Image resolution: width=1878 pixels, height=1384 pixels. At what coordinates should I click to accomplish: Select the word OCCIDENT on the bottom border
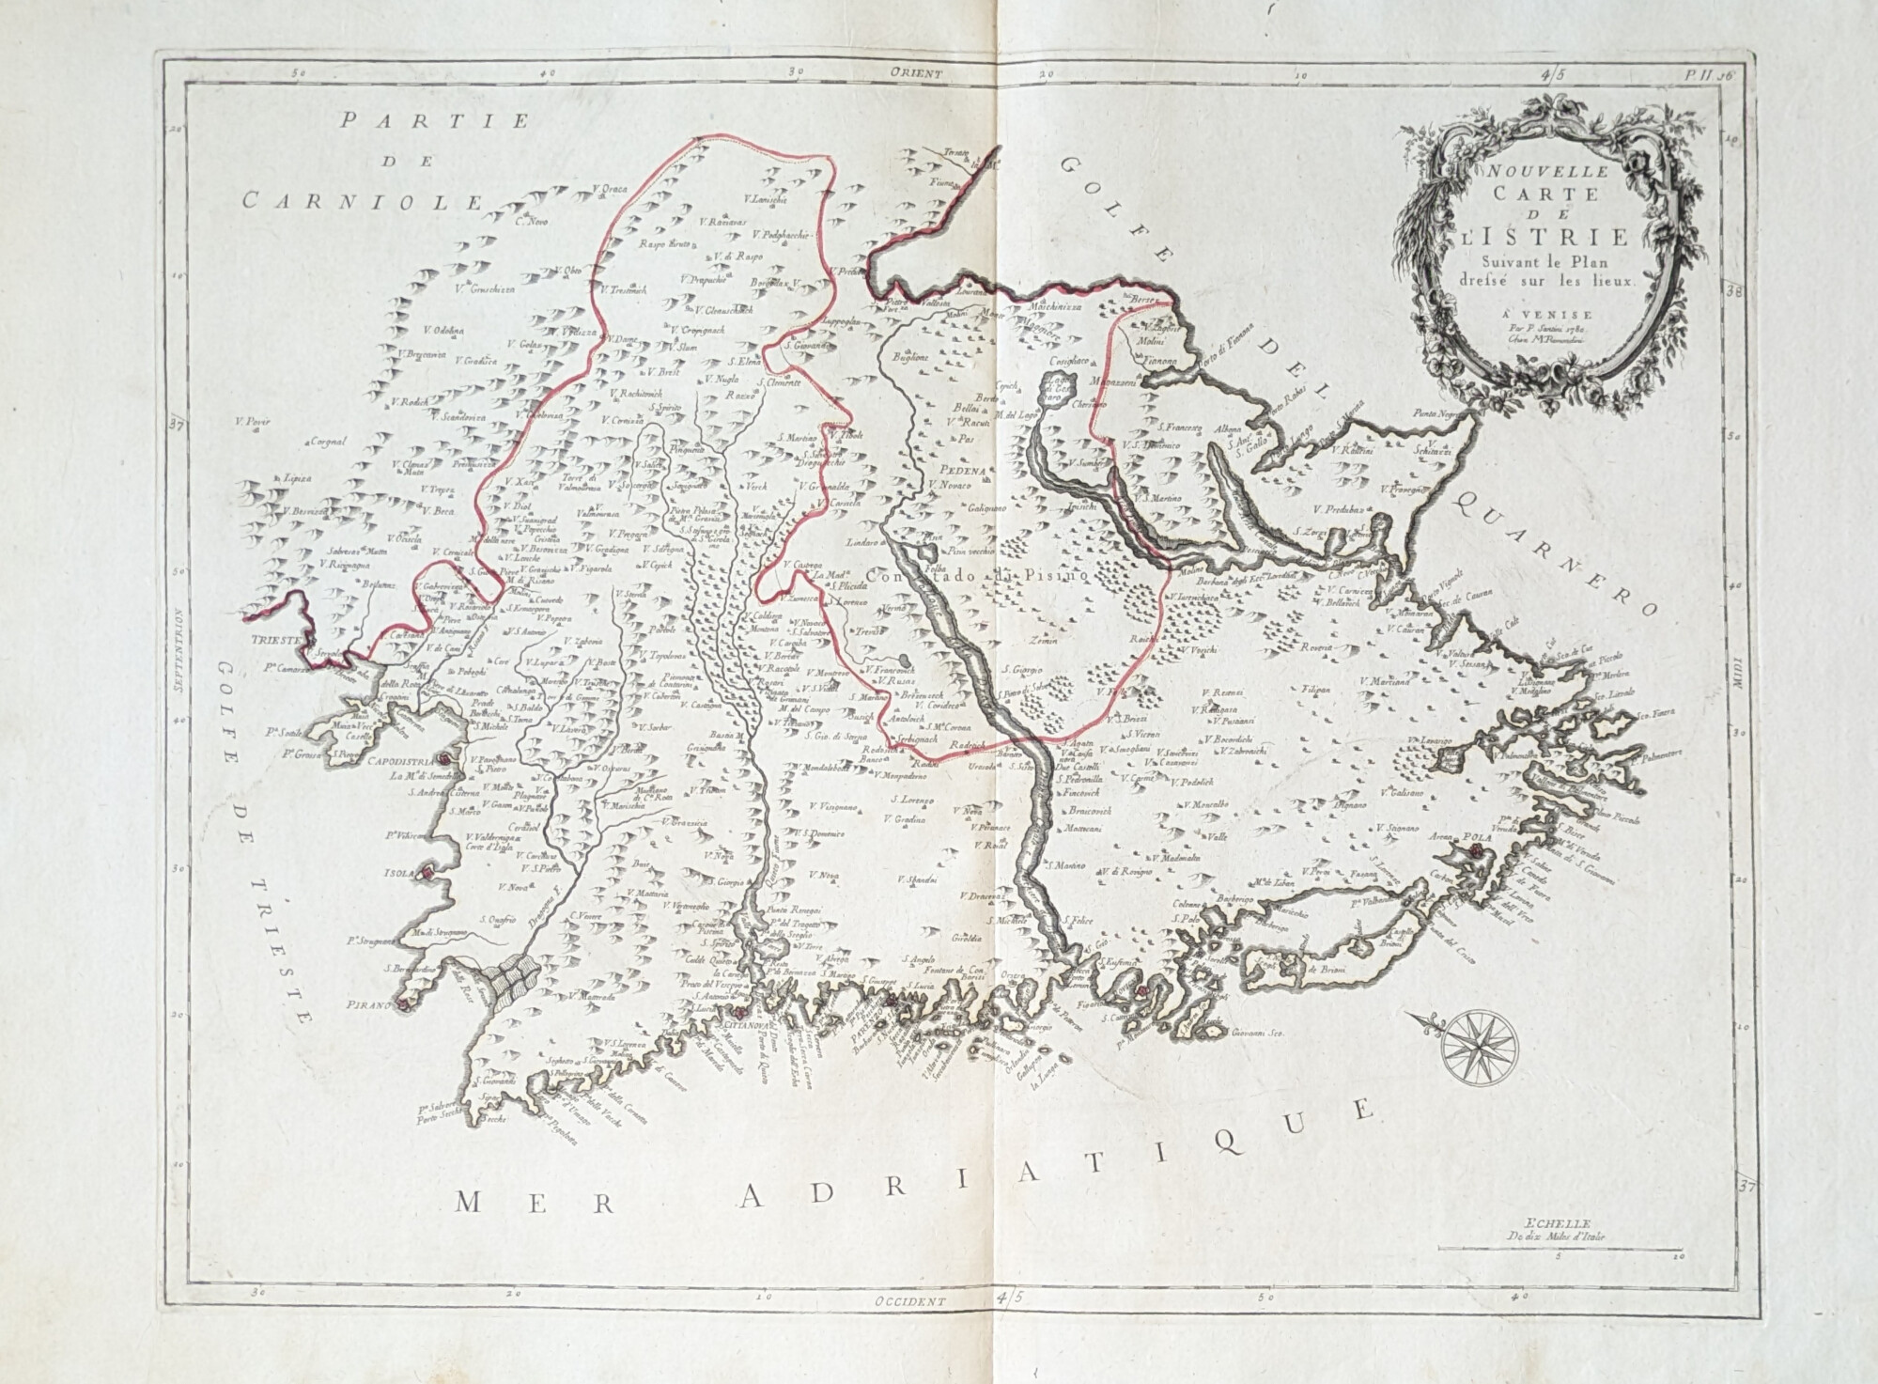tap(909, 1301)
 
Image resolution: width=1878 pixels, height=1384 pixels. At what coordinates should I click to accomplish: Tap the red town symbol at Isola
tap(427, 873)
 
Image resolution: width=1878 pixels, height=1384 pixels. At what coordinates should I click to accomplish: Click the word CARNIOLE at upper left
tap(361, 200)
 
